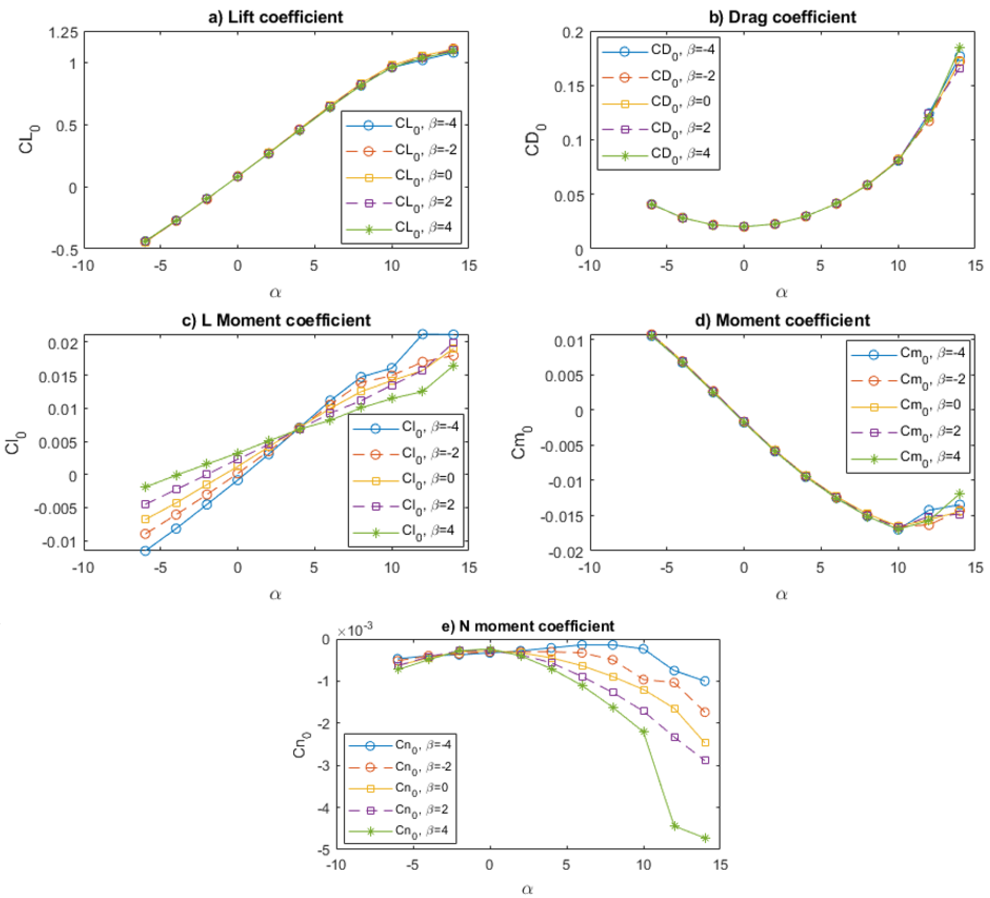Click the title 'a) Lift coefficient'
coord(276,17)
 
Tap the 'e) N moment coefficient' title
coord(528,626)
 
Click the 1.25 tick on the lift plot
coord(63,33)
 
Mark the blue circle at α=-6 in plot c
coord(145,551)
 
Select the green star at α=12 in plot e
coord(675,826)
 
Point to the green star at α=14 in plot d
coord(959,494)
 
